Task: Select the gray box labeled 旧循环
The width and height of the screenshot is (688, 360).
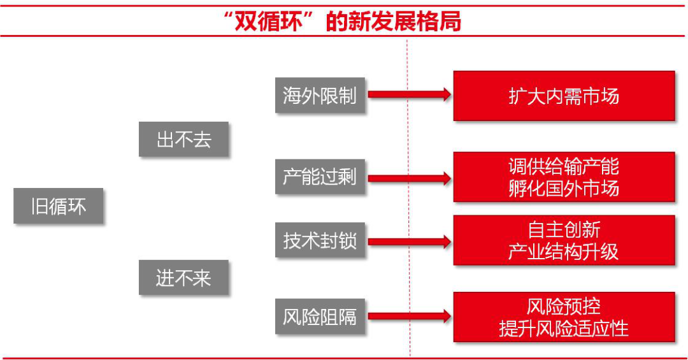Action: coord(58,206)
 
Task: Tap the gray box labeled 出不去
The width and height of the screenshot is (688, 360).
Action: coord(183,139)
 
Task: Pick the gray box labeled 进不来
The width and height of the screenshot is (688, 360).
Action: coord(183,278)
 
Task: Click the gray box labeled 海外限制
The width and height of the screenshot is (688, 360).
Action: coord(320,96)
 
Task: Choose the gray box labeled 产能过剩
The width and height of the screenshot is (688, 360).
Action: coord(320,176)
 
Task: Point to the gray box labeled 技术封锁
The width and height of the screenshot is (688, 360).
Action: coord(320,240)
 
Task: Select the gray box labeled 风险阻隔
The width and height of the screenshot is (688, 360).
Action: coord(320,316)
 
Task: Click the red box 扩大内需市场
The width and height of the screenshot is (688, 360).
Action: coord(564,96)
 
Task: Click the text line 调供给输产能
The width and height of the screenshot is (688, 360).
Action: coord(564,166)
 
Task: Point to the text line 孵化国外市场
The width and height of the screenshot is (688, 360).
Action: coord(564,188)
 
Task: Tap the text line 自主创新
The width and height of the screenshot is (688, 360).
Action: coord(564,229)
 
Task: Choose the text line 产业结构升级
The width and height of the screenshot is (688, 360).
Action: coord(564,251)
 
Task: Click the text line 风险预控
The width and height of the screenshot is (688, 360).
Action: coord(564,306)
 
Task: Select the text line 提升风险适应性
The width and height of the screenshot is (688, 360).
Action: coord(564,328)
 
